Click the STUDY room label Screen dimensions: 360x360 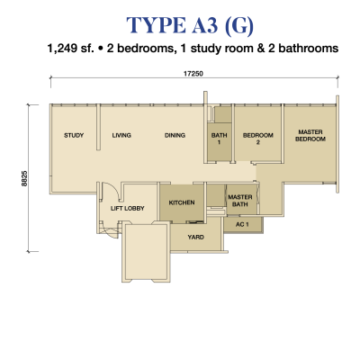pos(74,135)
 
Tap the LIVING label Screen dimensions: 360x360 pos(121,135)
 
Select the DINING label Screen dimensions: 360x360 pos(175,135)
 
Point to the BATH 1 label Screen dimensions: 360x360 pos(219,139)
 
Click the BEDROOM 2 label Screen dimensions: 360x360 pos(258,139)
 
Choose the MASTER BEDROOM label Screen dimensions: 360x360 pos(310,135)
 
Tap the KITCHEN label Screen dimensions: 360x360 pos(182,202)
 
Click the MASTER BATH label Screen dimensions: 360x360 pos(240,201)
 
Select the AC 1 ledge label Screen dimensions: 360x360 pos(242,224)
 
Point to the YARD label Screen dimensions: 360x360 pos(196,237)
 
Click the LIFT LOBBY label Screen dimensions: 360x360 pos(128,208)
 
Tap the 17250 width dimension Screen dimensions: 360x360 pos(193,74)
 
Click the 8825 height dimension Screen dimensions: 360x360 pos(24,178)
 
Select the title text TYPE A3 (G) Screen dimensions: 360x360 pos(190,25)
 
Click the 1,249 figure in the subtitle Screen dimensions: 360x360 pos(62,49)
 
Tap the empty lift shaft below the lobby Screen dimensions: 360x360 pos(146,252)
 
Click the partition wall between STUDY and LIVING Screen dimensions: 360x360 pos(98,127)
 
